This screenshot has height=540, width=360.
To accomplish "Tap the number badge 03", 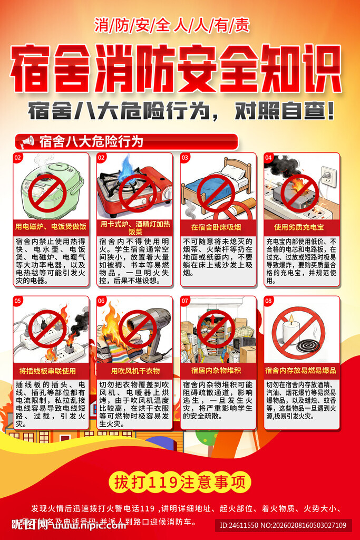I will tap(185, 157).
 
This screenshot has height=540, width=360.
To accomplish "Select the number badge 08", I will tap(269, 301).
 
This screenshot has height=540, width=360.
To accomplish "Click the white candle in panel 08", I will tap(291, 333).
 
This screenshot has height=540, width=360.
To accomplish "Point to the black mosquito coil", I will tap(311, 345).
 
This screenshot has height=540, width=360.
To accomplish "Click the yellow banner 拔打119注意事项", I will tap(180, 482).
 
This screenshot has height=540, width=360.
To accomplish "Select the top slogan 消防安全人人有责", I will tap(172, 25).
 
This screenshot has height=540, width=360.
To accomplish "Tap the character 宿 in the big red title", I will tap(33, 69).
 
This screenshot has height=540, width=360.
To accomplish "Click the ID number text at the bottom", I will tap(283, 525).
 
